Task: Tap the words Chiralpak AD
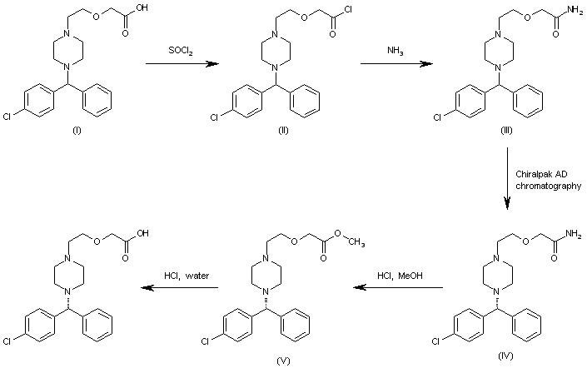(542, 178)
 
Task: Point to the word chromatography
(546, 189)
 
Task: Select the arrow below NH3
(391, 63)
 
